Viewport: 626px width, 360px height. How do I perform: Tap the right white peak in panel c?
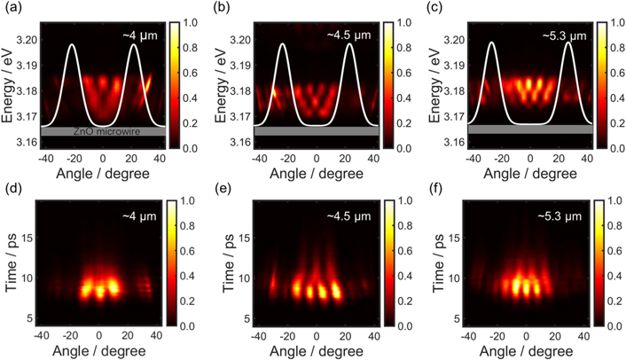pos(568,43)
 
